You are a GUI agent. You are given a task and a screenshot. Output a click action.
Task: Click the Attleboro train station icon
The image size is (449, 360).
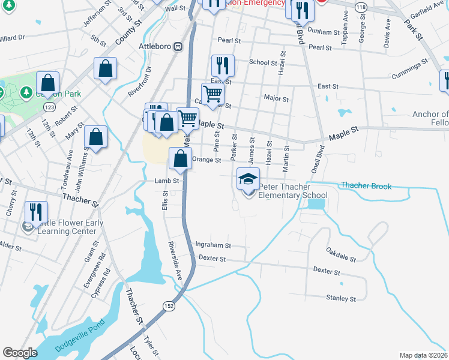pos(178,47)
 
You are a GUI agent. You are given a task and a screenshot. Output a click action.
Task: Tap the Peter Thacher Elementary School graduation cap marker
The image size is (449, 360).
pos(249,178)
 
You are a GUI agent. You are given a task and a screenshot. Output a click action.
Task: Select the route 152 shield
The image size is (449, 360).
pos(169,306)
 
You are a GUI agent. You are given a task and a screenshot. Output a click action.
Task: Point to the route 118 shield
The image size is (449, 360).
pos(360,6)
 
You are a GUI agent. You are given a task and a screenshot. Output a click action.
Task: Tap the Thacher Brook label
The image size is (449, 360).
pos(366,186)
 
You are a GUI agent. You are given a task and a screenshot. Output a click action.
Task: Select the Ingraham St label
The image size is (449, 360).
pos(213,245)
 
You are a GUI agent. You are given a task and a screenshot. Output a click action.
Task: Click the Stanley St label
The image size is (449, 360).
pos(341,298)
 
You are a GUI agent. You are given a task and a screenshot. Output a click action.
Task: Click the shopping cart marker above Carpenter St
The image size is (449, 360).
pos(212,94)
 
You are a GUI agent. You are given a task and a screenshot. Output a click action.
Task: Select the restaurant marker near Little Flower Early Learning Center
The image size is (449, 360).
pos(36,212)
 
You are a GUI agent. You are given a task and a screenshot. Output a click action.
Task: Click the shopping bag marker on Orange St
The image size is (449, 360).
pos(180,159)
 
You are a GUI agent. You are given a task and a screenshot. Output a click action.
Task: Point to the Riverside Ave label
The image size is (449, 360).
pos(173,261)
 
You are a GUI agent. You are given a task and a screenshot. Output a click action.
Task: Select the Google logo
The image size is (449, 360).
pos(20,353)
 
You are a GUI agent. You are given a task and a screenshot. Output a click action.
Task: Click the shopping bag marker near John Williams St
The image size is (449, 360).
pos(95,137)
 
